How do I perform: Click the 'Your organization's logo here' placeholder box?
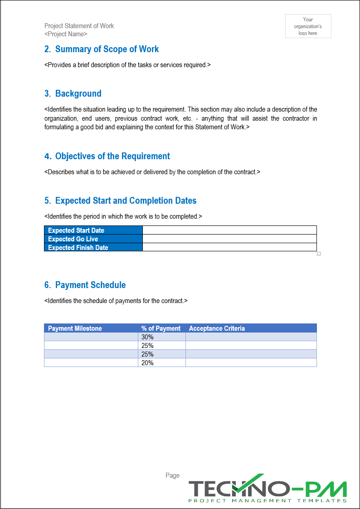click(308, 26)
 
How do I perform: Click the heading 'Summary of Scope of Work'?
click(107, 49)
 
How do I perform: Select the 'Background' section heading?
click(78, 93)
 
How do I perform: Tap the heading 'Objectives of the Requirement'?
click(112, 156)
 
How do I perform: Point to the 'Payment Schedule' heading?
click(90, 285)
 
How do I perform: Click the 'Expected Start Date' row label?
click(76, 230)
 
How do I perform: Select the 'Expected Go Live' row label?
click(73, 239)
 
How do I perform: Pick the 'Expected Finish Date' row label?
click(78, 248)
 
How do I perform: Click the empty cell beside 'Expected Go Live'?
click(229, 239)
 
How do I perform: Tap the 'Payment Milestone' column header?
click(75, 328)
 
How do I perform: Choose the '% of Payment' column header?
click(161, 328)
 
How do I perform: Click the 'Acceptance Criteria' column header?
click(217, 328)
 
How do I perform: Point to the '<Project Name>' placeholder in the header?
click(66, 34)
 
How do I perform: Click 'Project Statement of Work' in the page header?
click(79, 26)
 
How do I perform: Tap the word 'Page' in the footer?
click(172, 475)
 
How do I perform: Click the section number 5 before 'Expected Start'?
click(48, 201)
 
